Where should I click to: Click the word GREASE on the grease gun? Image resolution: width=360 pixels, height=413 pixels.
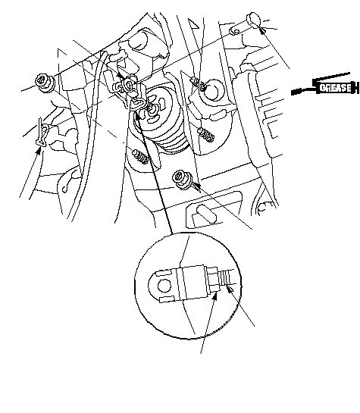tap(336, 87)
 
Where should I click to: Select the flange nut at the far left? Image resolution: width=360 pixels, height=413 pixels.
tap(44, 82)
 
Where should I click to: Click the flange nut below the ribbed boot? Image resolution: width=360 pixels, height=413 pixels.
tap(181, 179)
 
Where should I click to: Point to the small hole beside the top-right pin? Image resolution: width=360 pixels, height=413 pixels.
tap(236, 32)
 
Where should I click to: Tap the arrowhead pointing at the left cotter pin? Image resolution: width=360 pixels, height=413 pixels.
tap(39, 151)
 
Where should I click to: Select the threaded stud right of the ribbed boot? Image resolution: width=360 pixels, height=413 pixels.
tap(206, 134)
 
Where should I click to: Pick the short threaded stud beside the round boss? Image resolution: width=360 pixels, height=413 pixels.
tap(199, 83)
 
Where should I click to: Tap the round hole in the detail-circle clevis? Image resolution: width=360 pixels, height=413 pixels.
tap(164, 286)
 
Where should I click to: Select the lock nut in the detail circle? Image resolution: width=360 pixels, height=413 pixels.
tap(212, 280)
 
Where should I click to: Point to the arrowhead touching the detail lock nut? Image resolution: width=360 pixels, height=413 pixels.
tap(215, 296)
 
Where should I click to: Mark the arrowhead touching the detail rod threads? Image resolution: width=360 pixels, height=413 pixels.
tap(230, 289)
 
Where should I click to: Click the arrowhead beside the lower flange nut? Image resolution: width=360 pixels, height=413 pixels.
tap(196, 186)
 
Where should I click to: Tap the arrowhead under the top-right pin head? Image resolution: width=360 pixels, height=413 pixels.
tap(262, 30)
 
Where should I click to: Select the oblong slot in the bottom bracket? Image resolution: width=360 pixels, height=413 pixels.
tap(207, 214)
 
